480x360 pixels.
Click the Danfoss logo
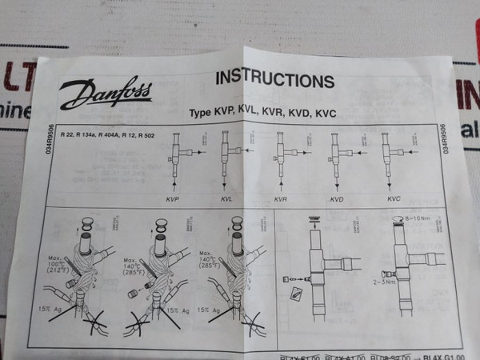coord(94,95)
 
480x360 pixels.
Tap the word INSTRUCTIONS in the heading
coord(274,81)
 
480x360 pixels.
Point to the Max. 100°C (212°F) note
coord(61,264)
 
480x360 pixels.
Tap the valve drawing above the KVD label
coord(334,156)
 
